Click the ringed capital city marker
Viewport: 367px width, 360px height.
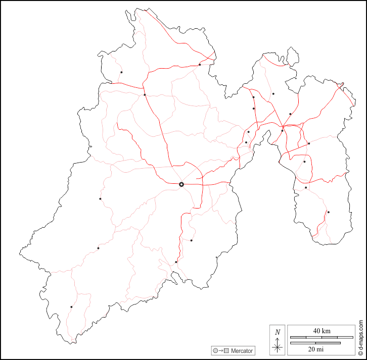181,185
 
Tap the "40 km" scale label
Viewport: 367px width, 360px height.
322,331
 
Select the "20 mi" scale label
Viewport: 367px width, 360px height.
322,349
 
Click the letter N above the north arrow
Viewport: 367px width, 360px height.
277,332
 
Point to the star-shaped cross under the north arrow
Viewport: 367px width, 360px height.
277,347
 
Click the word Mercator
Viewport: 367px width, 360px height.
243,350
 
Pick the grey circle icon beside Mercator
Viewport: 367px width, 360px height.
216,350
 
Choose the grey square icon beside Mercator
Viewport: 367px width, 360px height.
227,350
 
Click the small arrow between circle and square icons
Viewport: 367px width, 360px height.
221,350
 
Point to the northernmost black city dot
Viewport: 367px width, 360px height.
200,65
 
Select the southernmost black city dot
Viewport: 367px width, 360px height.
71,307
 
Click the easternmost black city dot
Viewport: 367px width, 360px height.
328,212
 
